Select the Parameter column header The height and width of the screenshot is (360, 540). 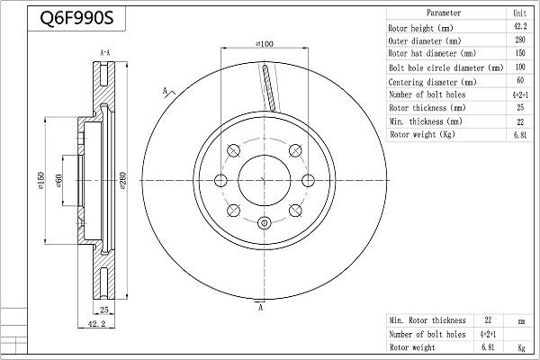(444, 13)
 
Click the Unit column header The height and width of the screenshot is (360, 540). (519, 13)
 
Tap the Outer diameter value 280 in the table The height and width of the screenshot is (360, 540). (519, 40)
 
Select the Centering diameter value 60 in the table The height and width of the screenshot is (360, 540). (519, 81)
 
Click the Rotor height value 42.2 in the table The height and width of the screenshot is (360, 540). (519, 27)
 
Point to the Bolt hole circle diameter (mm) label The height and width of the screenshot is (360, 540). (445, 67)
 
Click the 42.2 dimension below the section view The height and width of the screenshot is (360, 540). (97, 323)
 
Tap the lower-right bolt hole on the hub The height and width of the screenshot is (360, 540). (294, 211)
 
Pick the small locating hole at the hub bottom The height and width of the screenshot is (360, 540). (264, 224)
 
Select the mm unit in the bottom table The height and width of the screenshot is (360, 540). (519, 320)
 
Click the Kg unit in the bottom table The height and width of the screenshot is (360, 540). (519, 347)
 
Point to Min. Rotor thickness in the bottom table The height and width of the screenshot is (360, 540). (427, 320)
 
